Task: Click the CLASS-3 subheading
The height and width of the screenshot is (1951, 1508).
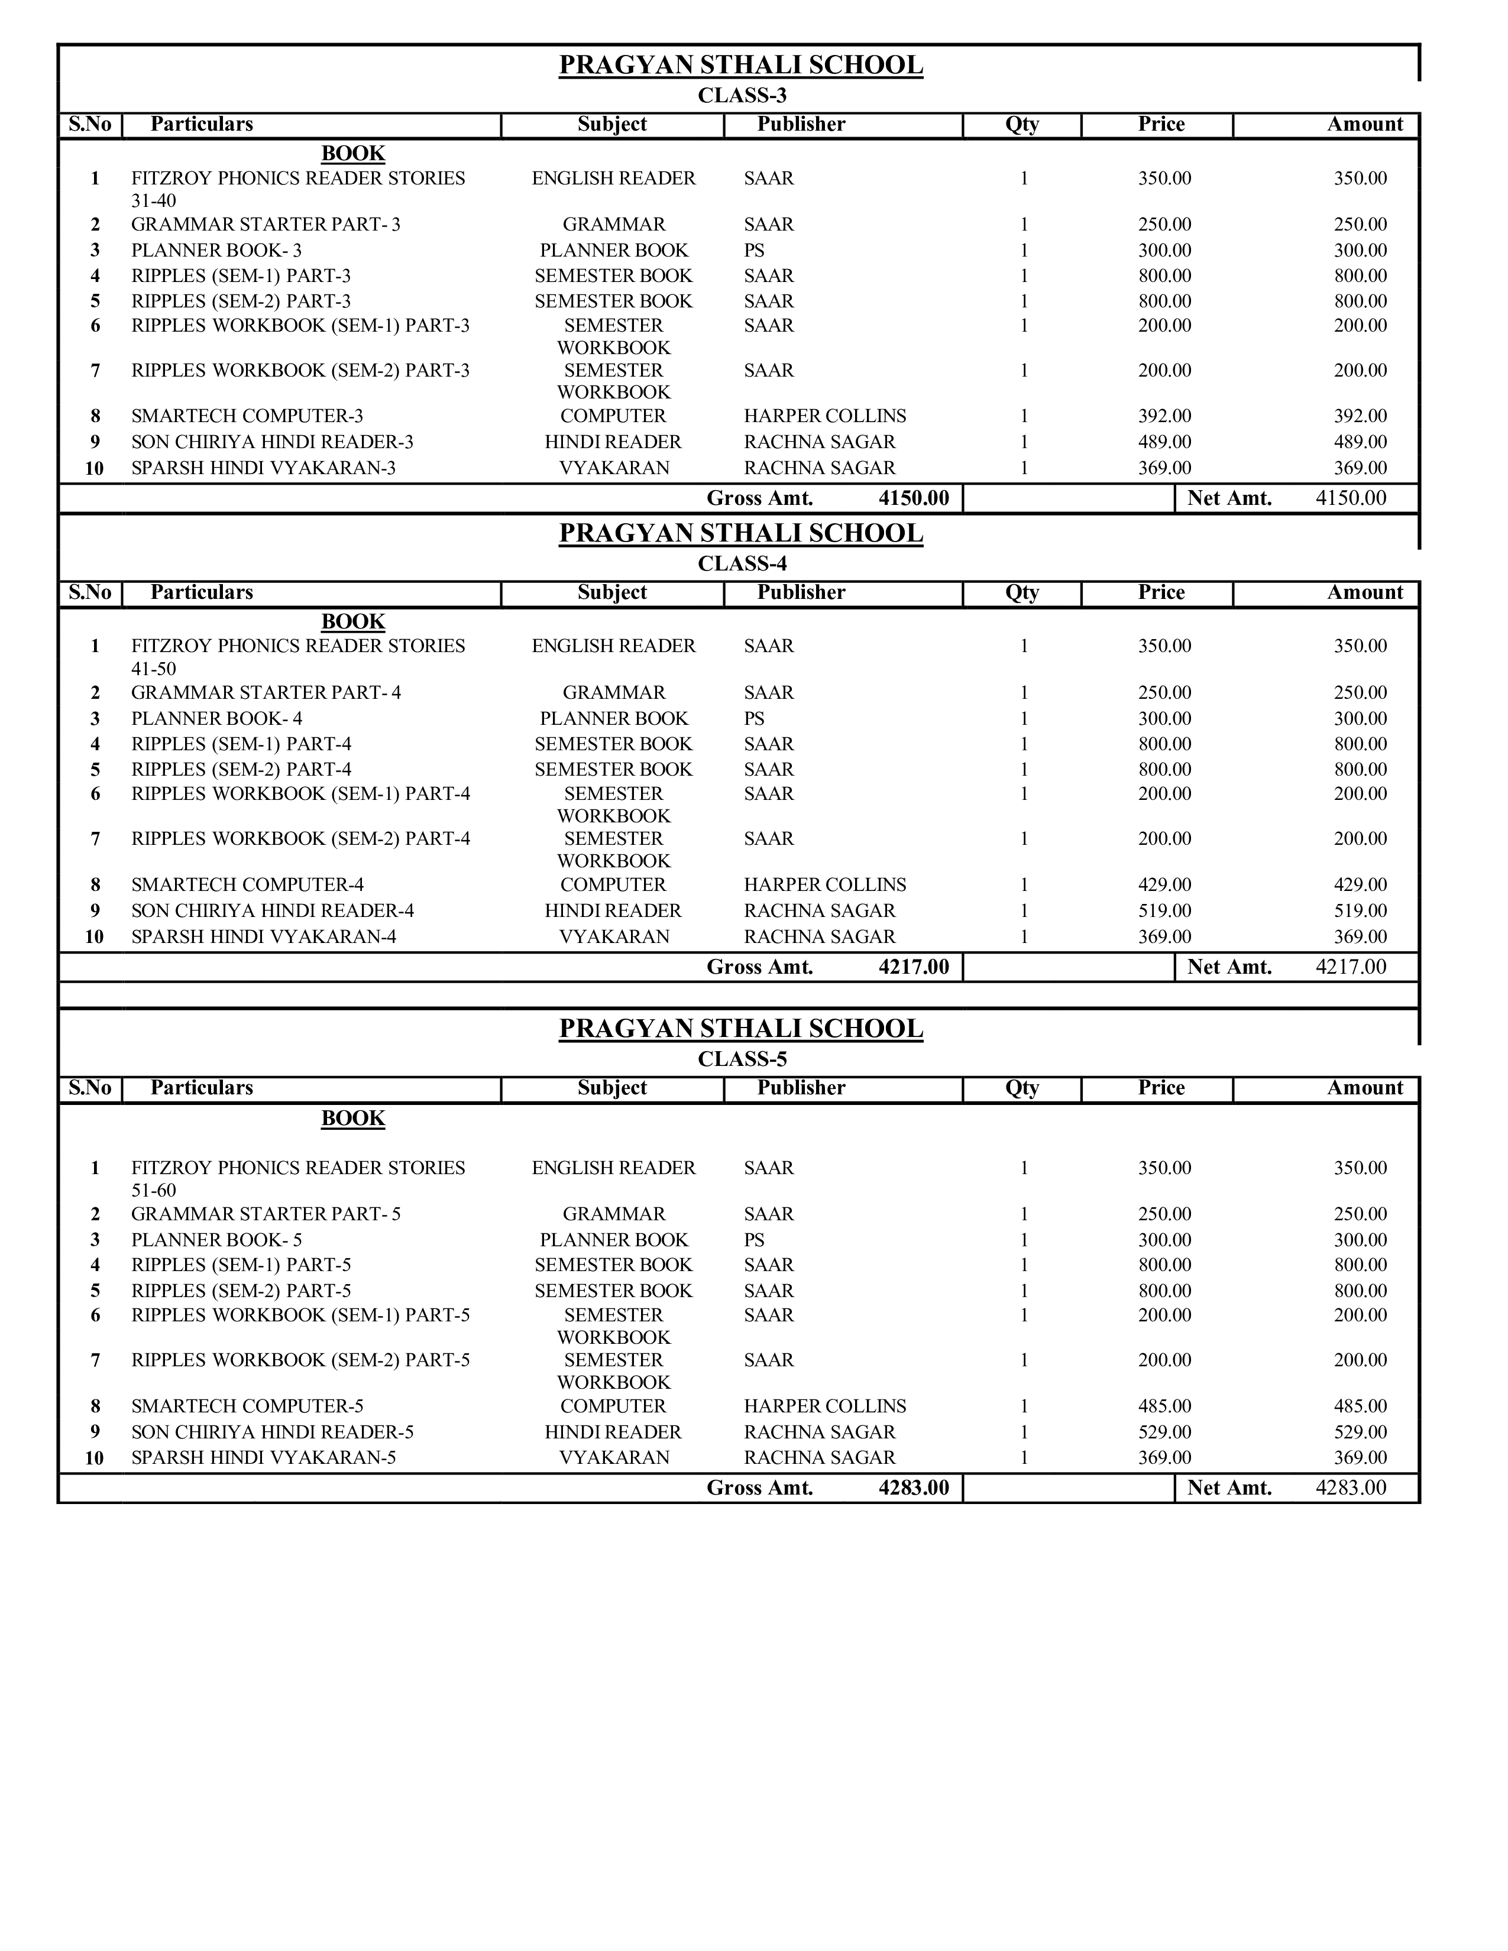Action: click(x=742, y=96)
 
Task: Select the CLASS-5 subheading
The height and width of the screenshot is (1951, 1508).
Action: click(x=742, y=1059)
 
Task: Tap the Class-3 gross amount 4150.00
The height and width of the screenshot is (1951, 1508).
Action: click(x=913, y=498)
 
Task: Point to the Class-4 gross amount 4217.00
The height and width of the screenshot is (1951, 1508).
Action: click(x=913, y=967)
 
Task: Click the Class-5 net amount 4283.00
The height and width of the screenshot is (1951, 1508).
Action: click(x=1351, y=1488)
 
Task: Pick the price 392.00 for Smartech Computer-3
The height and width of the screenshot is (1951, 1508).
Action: click(x=1164, y=416)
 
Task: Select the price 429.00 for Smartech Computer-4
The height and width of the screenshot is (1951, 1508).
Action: click(x=1164, y=885)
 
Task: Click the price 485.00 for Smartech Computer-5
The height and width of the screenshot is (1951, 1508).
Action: click(x=1164, y=1407)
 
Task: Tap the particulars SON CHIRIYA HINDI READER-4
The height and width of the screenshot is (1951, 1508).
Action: click(x=273, y=911)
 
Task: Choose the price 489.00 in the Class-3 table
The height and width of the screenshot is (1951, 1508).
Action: click(x=1164, y=442)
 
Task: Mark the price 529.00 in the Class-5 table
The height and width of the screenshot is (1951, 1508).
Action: click(x=1164, y=1433)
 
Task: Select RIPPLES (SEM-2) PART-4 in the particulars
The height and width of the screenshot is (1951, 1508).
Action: click(x=241, y=770)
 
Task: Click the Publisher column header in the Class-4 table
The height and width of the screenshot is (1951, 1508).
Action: click(x=801, y=593)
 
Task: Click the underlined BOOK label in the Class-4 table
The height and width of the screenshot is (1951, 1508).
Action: click(x=353, y=622)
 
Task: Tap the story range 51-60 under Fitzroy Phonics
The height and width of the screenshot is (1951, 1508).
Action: click(x=154, y=1191)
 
